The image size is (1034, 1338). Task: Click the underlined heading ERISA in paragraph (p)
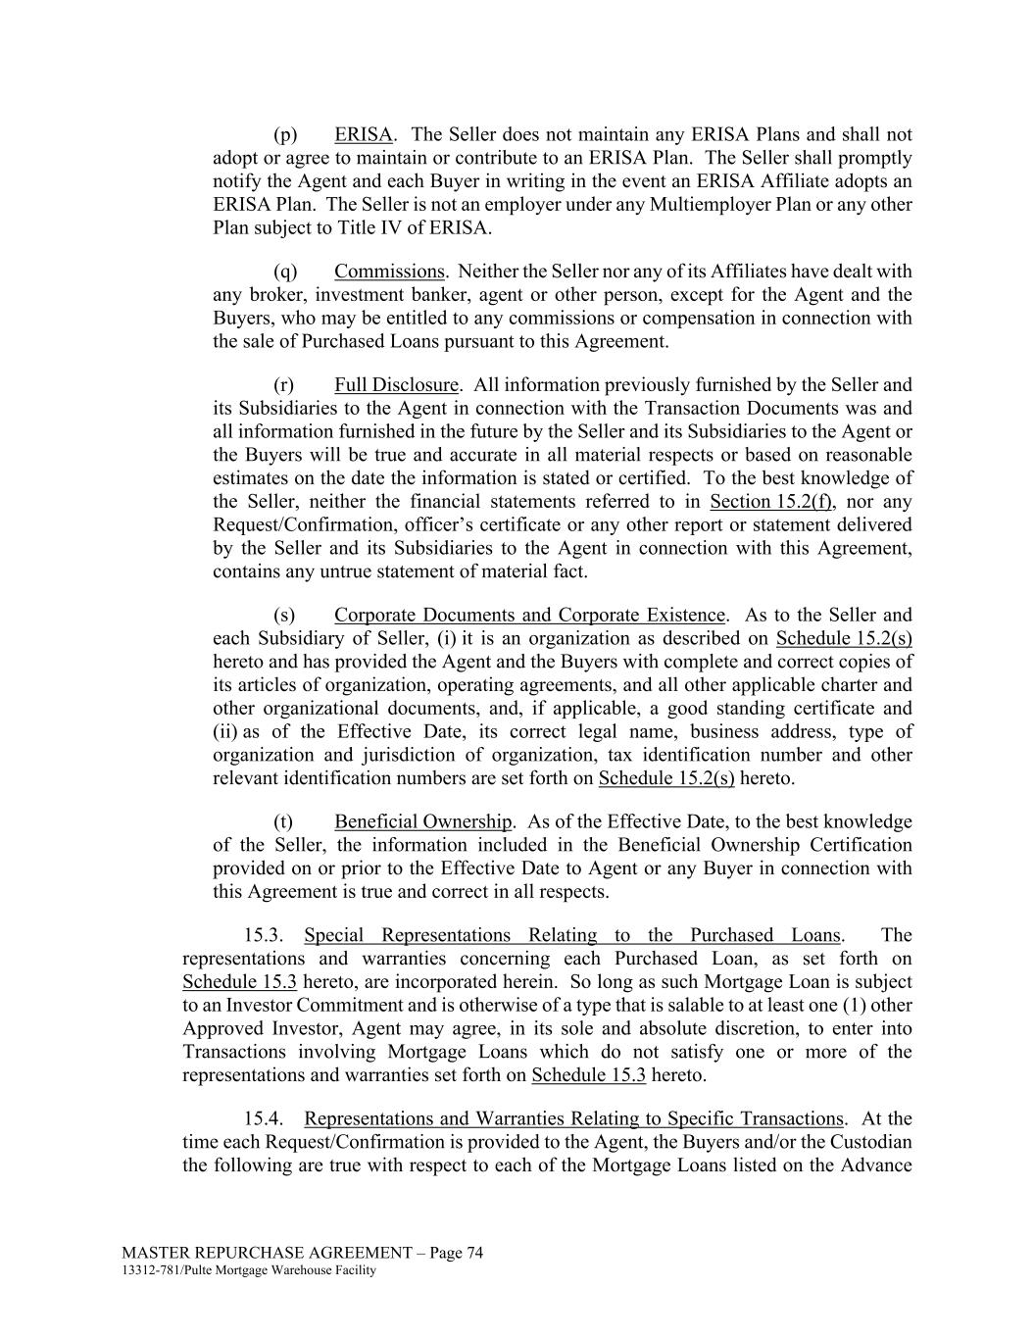pos(363,134)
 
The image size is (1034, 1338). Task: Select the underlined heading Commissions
pos(389,272)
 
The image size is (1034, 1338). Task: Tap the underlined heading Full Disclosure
pos(396,385)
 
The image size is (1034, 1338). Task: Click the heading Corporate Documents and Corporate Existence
pos(529,616)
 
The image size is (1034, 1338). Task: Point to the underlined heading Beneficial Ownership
pos(422,821)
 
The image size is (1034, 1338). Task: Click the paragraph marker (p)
pos(285,134)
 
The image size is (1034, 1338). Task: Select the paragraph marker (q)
pos(285,272)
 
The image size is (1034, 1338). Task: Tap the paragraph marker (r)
pos(284,385)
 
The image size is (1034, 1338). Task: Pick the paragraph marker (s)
pos(284,616)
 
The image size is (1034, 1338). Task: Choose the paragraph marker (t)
pos(283,821)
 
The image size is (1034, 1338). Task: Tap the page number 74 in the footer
pos(474,1253)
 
